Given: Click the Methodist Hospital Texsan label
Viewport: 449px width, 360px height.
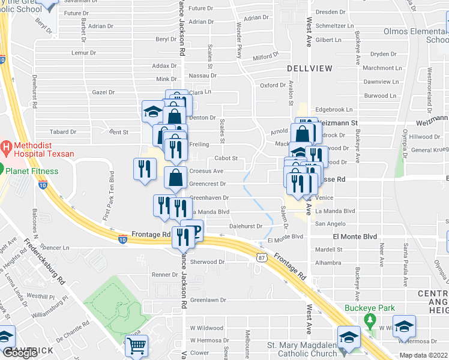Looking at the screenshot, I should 41,149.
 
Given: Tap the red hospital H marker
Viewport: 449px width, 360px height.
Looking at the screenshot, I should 7,146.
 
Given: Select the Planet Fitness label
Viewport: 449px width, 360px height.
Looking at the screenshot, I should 33,171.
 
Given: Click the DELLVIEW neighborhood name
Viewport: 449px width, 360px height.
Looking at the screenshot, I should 309,68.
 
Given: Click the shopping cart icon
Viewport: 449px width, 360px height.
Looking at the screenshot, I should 136,347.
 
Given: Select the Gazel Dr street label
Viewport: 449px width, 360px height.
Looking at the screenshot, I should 103,92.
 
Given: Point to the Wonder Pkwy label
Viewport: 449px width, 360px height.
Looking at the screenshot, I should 240,36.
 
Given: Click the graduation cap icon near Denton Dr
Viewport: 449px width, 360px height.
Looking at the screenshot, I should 152,111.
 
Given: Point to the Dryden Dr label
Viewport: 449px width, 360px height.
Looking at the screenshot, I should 384,53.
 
